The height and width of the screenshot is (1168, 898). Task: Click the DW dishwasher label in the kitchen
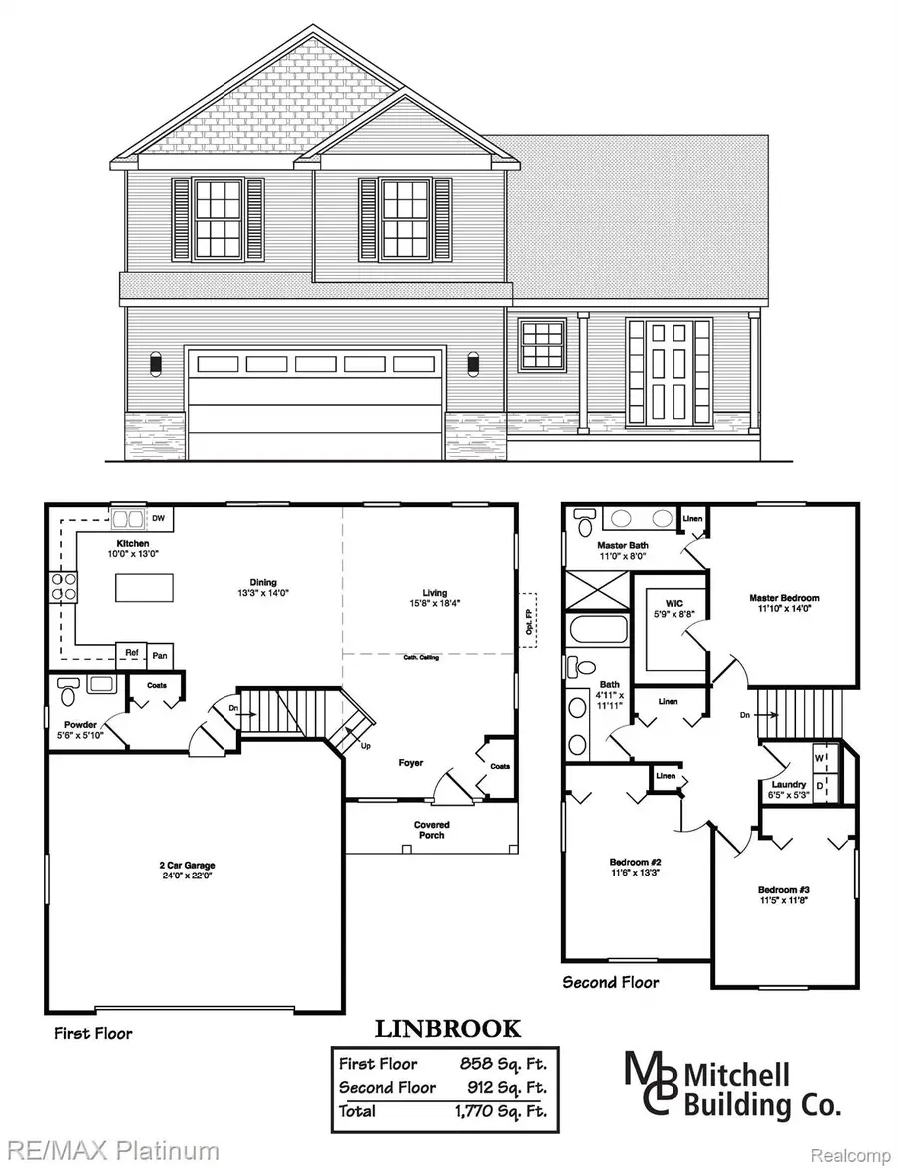coord(159,518)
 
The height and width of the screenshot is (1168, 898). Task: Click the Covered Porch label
coord(431,829)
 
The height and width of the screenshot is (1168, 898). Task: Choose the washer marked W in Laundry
coord(820,756)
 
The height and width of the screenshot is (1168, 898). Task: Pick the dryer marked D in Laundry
coord(820,786)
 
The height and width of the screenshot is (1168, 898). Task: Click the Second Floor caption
coord(611,982)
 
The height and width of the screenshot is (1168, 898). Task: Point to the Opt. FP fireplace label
coord(528,628)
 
